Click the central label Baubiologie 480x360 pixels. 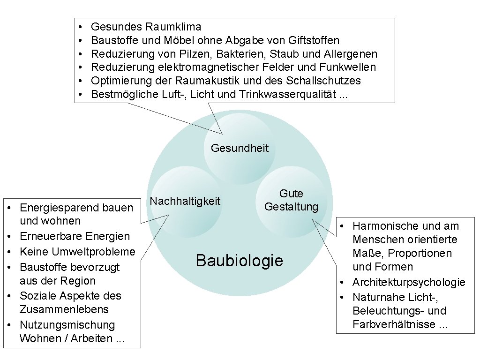pyautogui.click(x=240, y=260)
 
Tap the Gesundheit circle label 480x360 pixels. pyautogui.click(x=240, y=148)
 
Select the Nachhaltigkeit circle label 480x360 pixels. pyautogui.click(x=185, y=201)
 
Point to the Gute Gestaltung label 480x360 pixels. pyautogui.click(x=291, y=200)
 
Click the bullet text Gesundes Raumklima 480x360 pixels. pyautogui.click(x=146, y=27)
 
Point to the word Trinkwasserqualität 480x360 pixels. pyautogui.click(x=287, y=95)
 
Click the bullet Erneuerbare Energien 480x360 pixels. pyautogui.click(x=75, y=236)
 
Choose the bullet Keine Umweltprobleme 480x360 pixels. pyautogui.click(x=77, y=252)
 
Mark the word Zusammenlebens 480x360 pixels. pyautogui.click(x=64, y=309)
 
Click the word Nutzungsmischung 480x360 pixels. pyautogui.click(x=67, y=325)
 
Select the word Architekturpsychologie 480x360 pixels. pyautogui.click(x=409, y=282)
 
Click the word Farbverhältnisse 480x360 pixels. pyautogui.click(x=394, y=325)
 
